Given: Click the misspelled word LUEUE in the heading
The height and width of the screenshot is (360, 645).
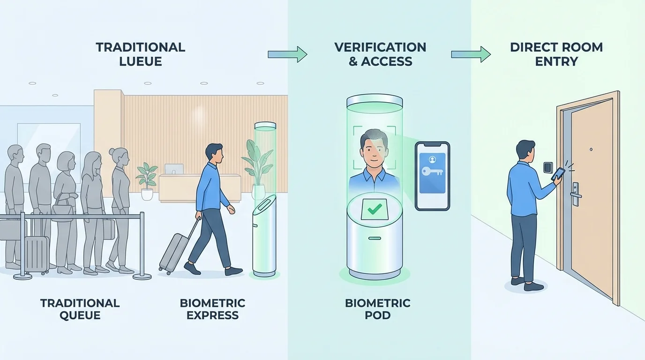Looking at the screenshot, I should point(140,61).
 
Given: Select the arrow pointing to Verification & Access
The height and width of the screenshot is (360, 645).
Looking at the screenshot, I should point(287,55).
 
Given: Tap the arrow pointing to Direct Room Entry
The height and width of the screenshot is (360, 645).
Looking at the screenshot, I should point(470,55).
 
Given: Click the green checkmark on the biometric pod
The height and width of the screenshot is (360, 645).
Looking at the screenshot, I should point(374,209).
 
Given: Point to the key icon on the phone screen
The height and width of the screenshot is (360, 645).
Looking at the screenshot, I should point(432,172).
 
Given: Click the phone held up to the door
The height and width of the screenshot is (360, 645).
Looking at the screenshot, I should point(558,174).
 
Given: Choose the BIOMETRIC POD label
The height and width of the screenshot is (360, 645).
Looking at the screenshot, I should point(377,309).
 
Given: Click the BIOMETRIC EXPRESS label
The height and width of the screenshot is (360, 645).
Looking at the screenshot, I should point(212,309).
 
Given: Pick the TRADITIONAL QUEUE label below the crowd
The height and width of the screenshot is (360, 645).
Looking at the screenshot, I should point(80,309).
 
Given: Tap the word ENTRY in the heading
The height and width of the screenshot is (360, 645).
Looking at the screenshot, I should point(556,61).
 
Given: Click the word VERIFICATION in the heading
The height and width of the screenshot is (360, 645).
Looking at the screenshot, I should point(380,47).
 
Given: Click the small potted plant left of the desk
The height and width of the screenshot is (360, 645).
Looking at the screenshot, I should point(147,180).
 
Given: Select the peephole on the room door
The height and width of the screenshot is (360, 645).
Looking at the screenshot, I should point(591,150).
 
